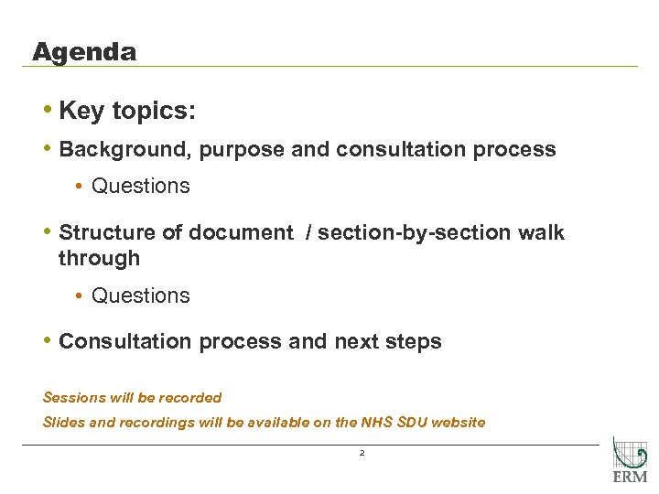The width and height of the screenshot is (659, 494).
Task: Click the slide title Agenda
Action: point(83,52)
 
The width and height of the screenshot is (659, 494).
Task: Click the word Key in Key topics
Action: point(81,112)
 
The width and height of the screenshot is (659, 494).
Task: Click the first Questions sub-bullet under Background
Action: point(140,187)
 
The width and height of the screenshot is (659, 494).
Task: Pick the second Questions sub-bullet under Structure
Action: point(140,296)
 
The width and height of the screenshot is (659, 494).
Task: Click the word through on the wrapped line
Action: point(99,259)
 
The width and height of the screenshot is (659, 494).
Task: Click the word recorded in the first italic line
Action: point(189,398)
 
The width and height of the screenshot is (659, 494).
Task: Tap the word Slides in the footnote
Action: point(63,423)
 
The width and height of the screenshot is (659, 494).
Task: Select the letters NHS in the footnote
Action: point(372,423)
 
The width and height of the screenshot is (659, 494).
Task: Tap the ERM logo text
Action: point(629,477)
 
